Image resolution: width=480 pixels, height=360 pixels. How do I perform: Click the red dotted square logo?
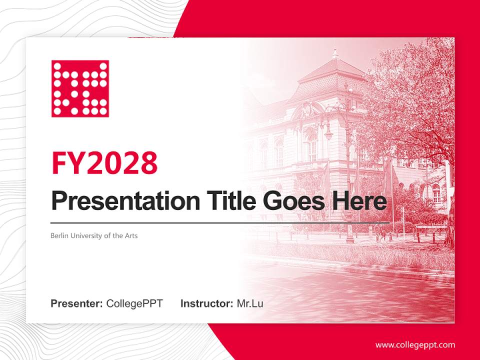[80, 88]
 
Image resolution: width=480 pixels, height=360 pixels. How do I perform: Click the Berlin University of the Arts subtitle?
[94, 235]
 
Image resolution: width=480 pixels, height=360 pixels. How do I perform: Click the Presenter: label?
[77, 303]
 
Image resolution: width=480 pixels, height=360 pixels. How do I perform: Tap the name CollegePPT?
[134, 303]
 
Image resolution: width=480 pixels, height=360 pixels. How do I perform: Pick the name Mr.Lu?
[250, 303]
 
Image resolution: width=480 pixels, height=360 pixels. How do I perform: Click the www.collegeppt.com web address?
[415, 345]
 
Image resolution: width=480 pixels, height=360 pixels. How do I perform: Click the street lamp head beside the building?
[328, 134]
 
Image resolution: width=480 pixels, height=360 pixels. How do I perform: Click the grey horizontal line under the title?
[220, 222]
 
